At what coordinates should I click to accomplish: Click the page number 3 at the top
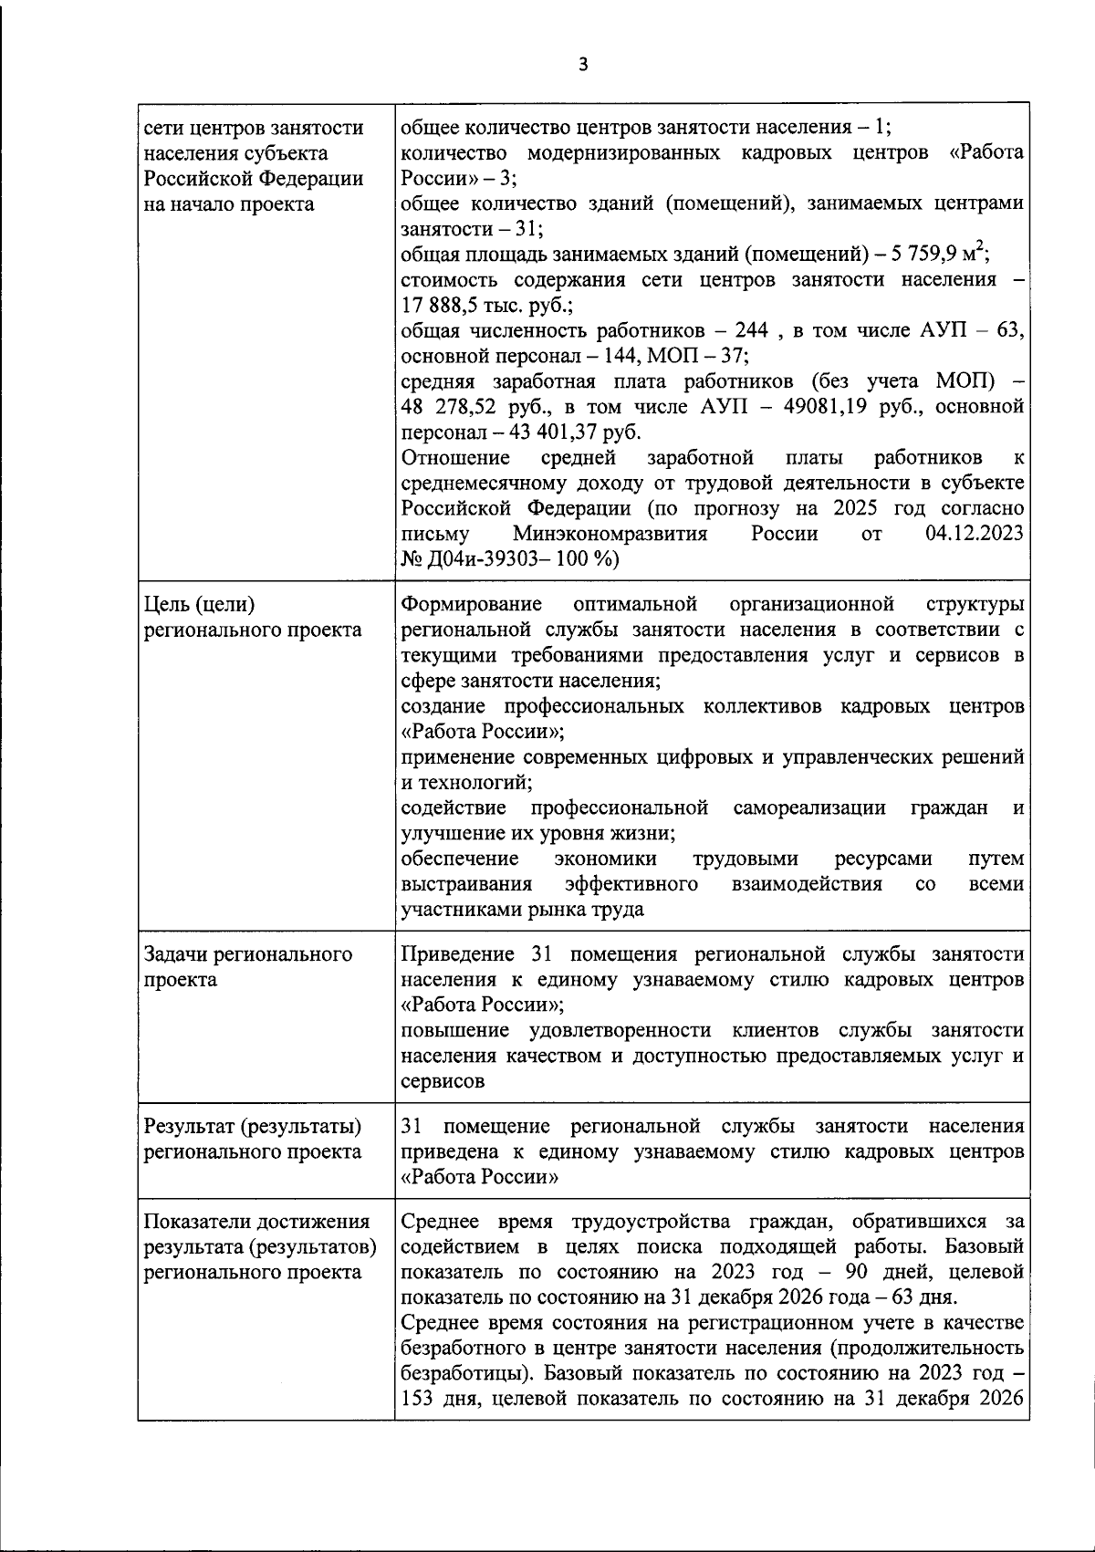pos(584,64)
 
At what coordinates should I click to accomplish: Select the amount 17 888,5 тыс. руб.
pos(468,305)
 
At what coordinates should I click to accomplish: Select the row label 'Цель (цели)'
pos(200,604)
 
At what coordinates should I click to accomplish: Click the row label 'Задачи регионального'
pos(248,954)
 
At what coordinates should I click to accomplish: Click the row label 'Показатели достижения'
pos(257,1222)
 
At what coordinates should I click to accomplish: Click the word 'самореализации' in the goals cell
pos(808,807)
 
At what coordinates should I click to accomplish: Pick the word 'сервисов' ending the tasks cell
pos(443,1081)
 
